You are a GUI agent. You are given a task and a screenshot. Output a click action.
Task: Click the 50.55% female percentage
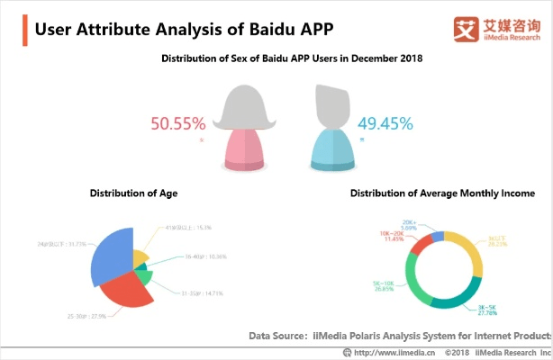pyautogui.click(x=178, y=123)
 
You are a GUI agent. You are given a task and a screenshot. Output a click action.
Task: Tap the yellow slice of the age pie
pyautogui.click(x=140, y=259)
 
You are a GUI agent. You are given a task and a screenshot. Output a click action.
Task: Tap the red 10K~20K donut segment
pyautogui.click(x=423, y=244)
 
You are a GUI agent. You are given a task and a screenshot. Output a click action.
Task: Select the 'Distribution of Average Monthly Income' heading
pyautogui.click(x=442, y=193)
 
